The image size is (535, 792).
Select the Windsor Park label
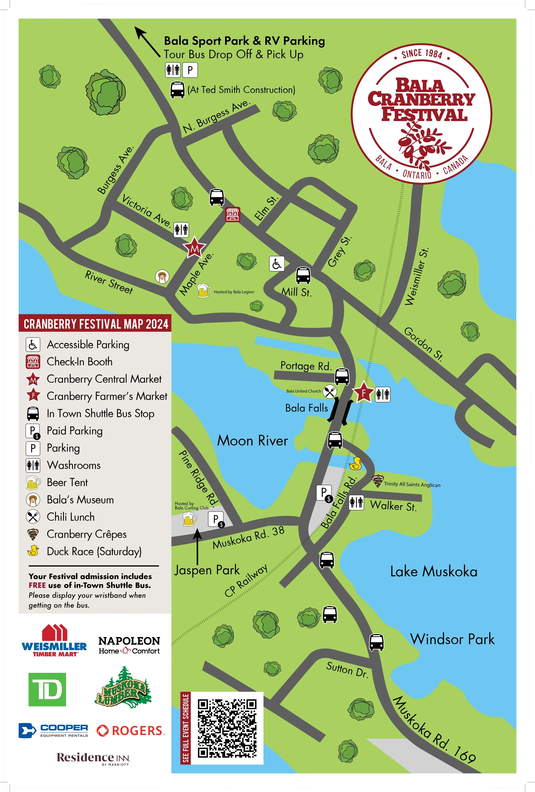coord(452,639)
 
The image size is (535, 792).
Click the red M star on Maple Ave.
coord(194,248)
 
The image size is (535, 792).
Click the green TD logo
coord(47,689)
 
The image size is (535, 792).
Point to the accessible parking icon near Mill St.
coord(276,264)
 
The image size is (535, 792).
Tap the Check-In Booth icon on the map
coord(233,214)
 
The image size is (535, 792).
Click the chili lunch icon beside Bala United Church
coord(329,392)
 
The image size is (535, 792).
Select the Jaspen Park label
coord(207,570)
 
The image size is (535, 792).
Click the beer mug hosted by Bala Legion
coord(203,291)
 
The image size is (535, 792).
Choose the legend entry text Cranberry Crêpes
coord(87,534)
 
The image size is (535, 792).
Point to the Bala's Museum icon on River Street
coord(162,277)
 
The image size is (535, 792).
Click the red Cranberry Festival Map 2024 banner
coord(95,324)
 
